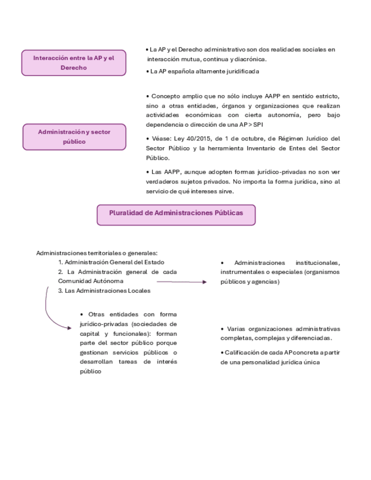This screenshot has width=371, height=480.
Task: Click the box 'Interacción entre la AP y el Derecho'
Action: click(x=74, y=62)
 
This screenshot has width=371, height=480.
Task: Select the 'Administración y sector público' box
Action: click(x=74, y=136)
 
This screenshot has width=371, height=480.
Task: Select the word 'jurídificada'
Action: click(x=238, y=72)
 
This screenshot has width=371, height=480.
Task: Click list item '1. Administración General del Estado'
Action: click(x=112, y=262)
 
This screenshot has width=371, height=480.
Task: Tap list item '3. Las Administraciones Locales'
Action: click(x=104, y=291)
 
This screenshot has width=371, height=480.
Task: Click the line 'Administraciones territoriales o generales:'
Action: click(x=97, y=253)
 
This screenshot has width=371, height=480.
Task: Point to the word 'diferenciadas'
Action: click(x=310, y=338)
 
